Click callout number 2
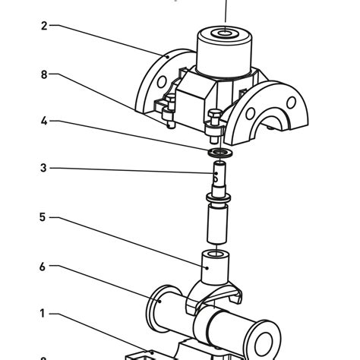pyautogui.click(x=43, y=26)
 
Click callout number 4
pyautogui.click(x=43, y=121)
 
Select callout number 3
pyautogui.click(x=43, y=168)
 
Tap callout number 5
pyautogui.click(x=43, y=217)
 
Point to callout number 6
pyautogui.click(x=43, y=267)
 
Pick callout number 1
pyautogui.click(x=43, y=313)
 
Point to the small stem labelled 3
pyautogui.click(x=219, y=176)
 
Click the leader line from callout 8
pyautogui.click(x=114, y=97)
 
